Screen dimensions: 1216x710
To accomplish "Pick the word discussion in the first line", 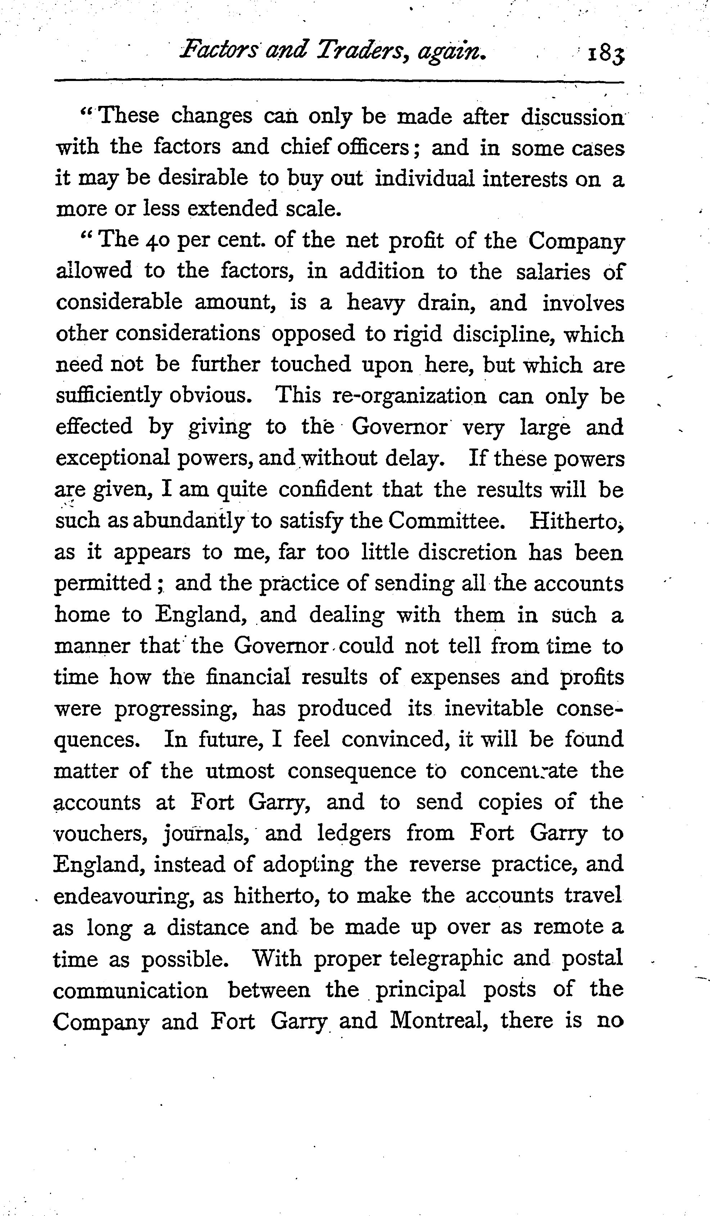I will (x=573, y=117).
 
